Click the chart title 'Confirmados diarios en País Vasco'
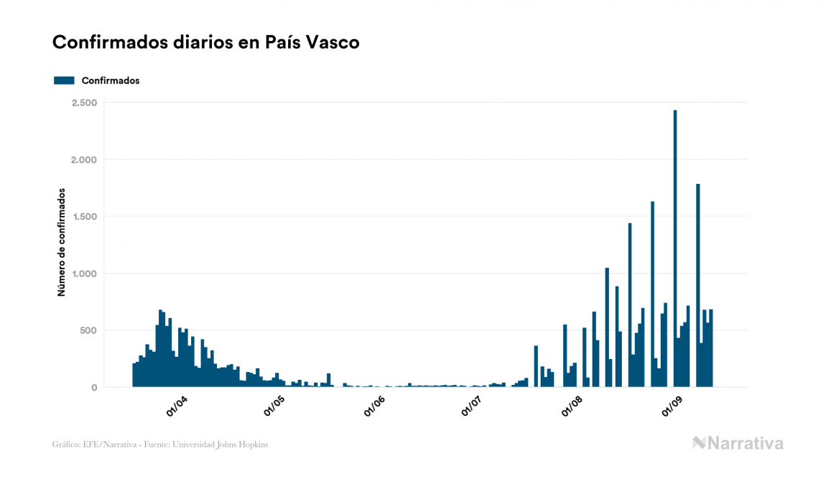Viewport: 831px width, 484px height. (205, 42)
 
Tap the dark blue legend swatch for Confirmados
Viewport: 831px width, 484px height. (64, 80)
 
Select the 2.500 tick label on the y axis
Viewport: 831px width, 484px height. (83, 103)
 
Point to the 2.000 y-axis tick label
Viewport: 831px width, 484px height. (83, 159)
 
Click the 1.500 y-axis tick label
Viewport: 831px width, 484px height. (83, 216)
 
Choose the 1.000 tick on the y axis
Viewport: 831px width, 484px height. (83, 274)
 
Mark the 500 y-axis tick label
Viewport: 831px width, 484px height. (87, 330)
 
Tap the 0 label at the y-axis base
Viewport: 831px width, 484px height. (93, 388)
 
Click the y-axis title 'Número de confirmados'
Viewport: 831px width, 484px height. (62, 243)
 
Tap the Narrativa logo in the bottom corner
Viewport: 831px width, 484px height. (738, 443)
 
